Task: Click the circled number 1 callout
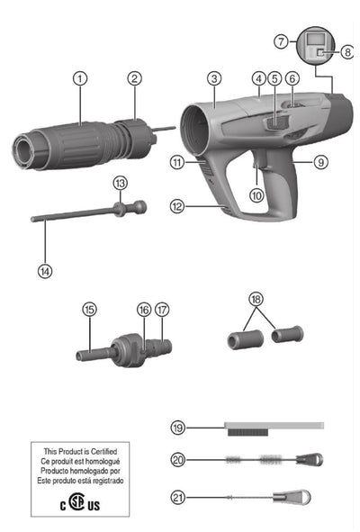pyautogui.click(x=80, y=78)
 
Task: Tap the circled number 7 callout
pyautogui.click(x=281, y=41)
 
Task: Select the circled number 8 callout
pyautogui.click(x=347, y=52)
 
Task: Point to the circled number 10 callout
pyautogui.click(x=256, y=195)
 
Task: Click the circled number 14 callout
pyautogui.click(x=45, y=272)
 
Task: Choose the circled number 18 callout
pyautogui.click(x=256, y=299)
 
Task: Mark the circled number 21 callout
pyautogui.click(x=178, y=498)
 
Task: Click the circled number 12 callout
pyautogui.click(x=177, y=206)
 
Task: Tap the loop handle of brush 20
pyautogui.click(x=310, y=459)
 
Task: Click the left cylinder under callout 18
pyautogui.click(x=246, y=339)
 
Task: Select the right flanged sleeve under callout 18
pyautogui.click(x=287, y=334)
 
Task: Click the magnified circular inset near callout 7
pyautogui.click(x=316, y=45)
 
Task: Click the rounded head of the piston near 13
pyautogui.click(x=139, y=207)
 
